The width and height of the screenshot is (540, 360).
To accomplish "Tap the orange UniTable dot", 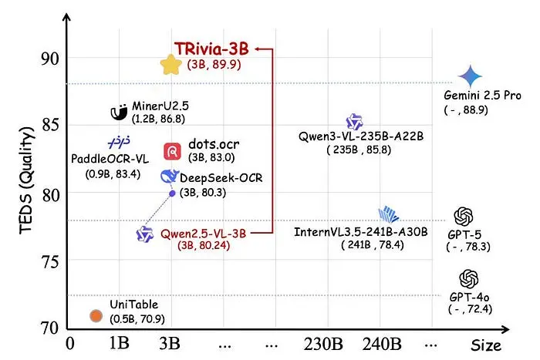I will point(96,315).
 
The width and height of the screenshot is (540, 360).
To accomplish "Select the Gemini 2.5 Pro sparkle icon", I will point(469,76).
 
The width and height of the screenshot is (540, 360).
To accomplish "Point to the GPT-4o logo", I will point(468,278).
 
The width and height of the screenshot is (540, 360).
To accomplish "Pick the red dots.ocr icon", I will point(173,151).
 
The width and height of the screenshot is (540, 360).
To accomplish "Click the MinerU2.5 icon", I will point(119,113).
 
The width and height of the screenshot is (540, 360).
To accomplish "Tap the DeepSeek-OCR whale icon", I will point(167,177).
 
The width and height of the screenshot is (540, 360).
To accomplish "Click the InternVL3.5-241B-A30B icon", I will point(388,214).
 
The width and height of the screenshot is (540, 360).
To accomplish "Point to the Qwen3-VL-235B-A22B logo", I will point(354,121).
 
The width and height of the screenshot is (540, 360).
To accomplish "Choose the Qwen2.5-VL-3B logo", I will point(143,234).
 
